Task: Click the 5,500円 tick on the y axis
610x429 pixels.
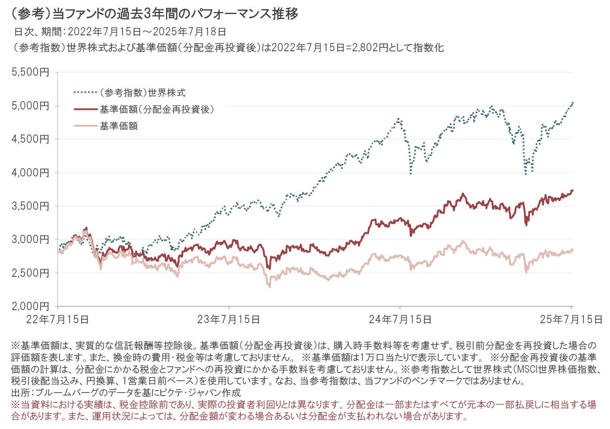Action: point(31,73)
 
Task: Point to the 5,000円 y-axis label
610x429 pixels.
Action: point(31,106)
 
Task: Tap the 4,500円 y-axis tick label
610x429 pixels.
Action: point(31,139)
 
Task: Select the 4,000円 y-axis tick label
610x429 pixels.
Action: point(31,173)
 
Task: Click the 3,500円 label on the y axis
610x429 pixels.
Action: point(31,206)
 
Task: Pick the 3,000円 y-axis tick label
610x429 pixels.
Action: point(31,239)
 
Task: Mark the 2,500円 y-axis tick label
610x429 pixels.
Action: point(31,273)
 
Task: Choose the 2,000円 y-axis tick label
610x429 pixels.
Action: point(31,306)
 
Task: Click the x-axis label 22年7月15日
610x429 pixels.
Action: point(57,319)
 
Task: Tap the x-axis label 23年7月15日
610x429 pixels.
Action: point(229,319)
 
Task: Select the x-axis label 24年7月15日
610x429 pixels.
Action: point(400,319)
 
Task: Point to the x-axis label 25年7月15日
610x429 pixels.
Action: point(571,319)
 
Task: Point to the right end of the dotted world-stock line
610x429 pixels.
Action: point(572,103)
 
